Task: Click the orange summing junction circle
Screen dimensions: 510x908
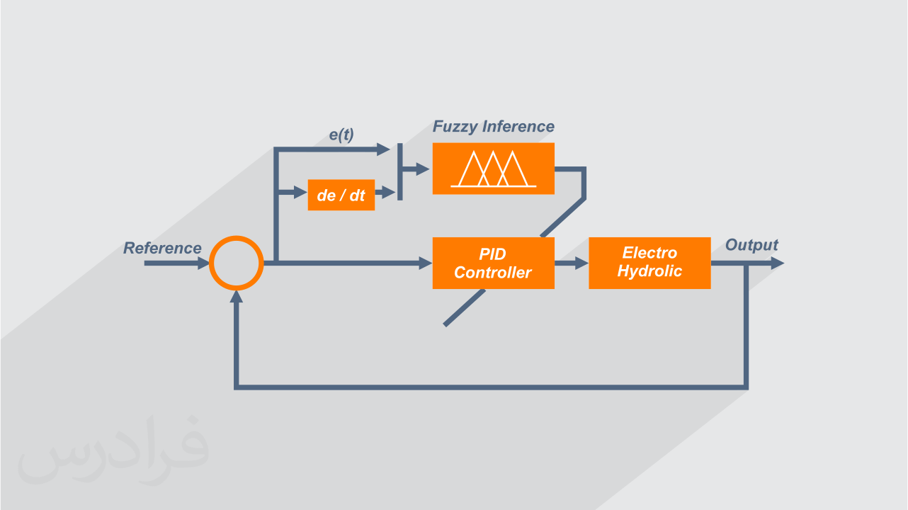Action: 237,263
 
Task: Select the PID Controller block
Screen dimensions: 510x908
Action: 493,263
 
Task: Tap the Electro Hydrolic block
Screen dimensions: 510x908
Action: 649,263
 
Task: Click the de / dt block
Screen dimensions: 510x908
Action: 341,195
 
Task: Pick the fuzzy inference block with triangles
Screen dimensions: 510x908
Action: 493,169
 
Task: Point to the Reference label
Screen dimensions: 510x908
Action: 162,248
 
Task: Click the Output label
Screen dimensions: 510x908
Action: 751,245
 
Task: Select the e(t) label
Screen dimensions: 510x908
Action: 341,135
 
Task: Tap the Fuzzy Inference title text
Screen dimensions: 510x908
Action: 493,127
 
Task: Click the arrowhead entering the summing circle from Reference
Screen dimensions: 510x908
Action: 203,263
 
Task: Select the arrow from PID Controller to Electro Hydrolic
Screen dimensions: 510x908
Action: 572,263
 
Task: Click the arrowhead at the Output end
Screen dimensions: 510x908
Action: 777,263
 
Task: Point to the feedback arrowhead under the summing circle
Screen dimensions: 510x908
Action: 237,296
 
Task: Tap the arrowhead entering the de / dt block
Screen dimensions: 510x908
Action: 300,192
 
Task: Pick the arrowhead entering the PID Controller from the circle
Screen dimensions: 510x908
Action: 426,263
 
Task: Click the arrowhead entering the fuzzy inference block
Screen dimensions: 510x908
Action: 424,169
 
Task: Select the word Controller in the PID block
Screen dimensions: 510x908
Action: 493,273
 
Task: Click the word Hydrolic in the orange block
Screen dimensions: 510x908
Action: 649,271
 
